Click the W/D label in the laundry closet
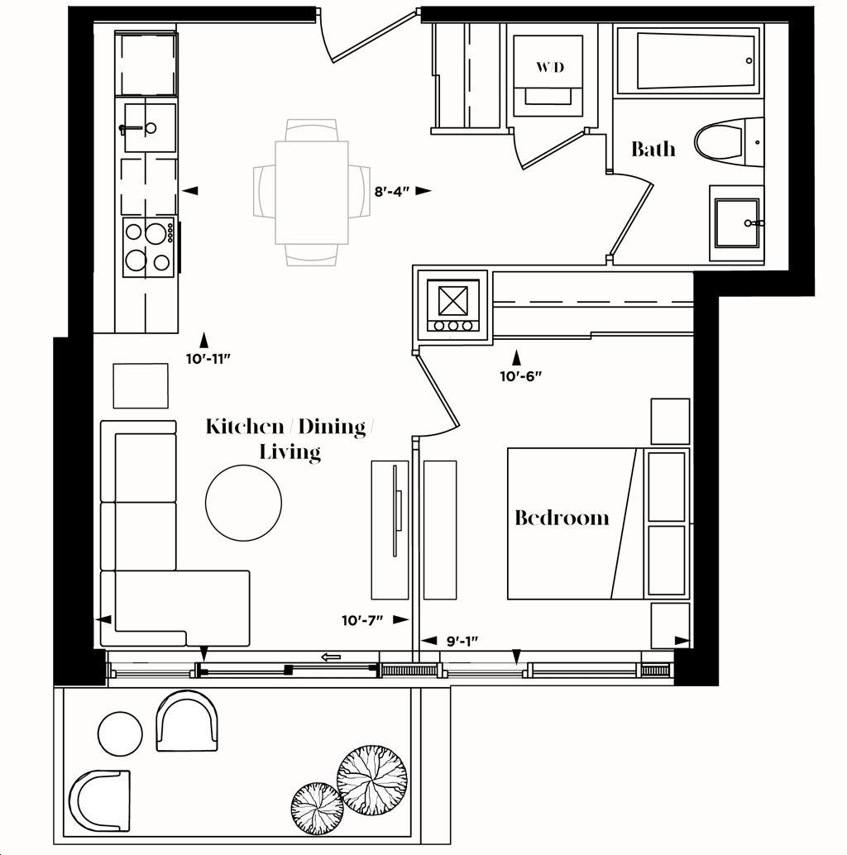[x=550, y=67]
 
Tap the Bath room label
[x=653, y=149]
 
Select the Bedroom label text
[x=562, y=518]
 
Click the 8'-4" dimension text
[x=392, y=191]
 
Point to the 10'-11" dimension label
[x=209, y=359]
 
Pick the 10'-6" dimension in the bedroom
[x=521, y=375]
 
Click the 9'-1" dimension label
[x=462, y=641]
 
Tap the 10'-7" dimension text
[x=362, y=620]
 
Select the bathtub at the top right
[x=689, y=60]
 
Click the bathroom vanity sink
[x=737, y=223]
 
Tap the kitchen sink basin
[x=150, y=127]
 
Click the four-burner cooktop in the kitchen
[x=148, y=247]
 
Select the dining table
[x=312, y=192]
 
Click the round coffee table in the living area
[x=244, y=503]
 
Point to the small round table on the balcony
[x=120, y=733]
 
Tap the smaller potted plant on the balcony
[x=318, y=808]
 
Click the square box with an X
[x=453, y=300]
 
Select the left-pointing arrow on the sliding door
[x=331, y=657]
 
